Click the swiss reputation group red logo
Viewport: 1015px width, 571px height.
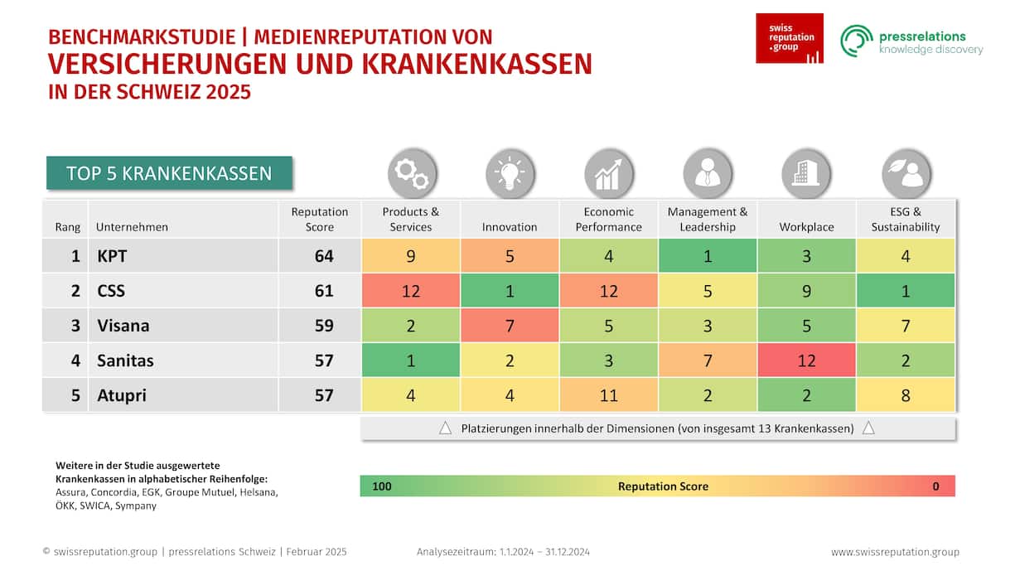(789, 38)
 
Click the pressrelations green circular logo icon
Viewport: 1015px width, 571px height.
(857, 41)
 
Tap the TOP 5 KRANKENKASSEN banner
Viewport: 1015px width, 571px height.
(169, 173)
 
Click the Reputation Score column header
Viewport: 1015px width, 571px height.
(319, 219)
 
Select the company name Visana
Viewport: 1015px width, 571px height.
(123, 326)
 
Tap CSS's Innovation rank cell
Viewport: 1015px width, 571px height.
(510, 291)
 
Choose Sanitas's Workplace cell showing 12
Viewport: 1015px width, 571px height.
(806, 361)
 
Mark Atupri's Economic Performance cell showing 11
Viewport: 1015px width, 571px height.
(608, 395)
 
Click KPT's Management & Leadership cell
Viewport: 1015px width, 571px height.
(707, 256)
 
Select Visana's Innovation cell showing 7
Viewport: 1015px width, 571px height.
(510, 326)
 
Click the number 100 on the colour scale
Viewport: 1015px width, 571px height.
(381, 486)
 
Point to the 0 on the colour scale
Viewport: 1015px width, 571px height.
(935, 486)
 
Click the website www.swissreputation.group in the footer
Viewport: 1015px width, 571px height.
(895, 552)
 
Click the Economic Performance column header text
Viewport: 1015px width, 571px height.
(608, 219)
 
